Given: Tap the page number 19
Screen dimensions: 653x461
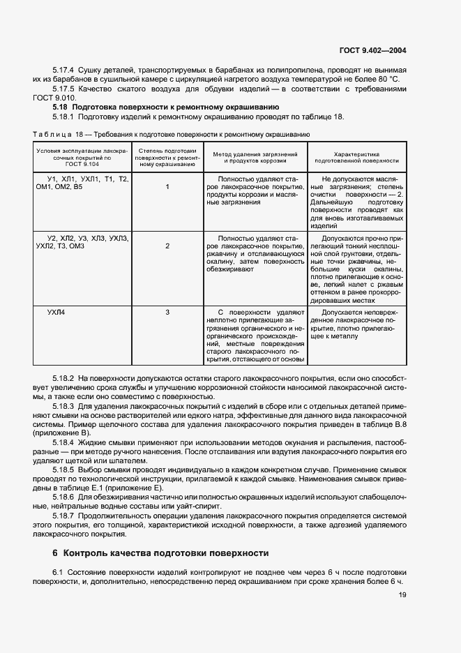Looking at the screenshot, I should click(x=402, y=594).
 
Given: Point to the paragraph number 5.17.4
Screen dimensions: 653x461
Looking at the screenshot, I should click(x=64, y=71).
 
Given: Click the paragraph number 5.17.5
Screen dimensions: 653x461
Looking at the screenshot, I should click(x=64, y=89).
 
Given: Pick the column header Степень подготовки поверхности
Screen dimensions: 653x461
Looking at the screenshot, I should click(x=167, y=156).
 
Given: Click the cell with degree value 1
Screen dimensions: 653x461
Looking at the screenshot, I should click(x=167, y=187).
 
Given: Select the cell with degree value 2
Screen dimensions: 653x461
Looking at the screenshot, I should click(x=167, y=246).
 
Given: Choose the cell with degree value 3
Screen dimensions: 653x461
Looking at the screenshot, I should click(x=167, y=312).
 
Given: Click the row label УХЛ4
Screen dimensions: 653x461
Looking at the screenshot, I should click(x=56, y=312).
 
